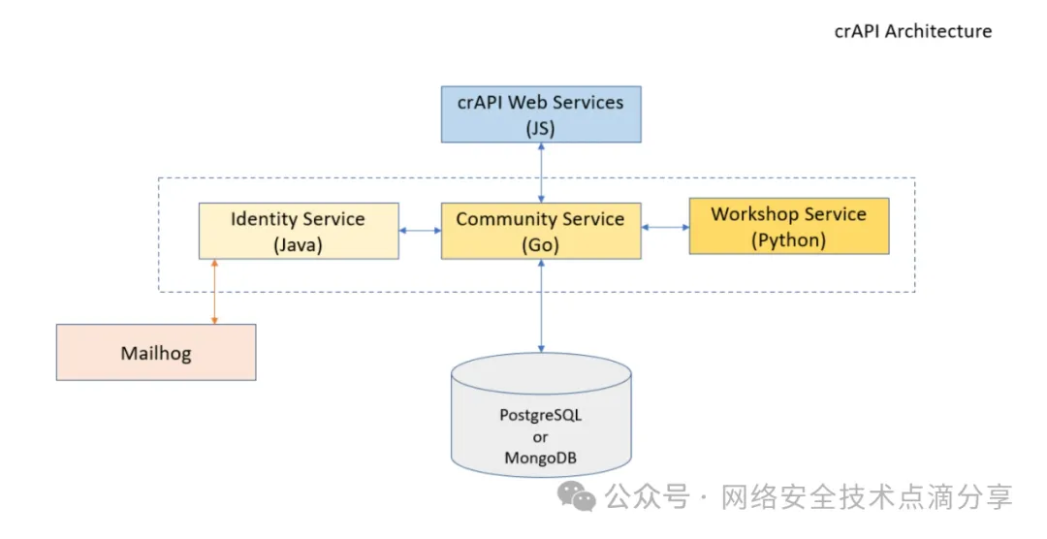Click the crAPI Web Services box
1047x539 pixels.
click(541, 114)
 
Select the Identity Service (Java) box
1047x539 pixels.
click(299, 231)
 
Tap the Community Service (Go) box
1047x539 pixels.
click(541, 231)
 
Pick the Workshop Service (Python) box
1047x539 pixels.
click(788, 227)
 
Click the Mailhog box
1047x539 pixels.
click(156, 353)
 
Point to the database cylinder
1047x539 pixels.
click(541, 415)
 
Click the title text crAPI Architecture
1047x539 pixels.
click(913, 31)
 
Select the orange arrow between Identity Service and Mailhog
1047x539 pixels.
click(214, 292)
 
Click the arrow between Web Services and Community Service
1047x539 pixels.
click(541, 173)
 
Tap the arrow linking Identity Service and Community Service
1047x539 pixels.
click(420, 231)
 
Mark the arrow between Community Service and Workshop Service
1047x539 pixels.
click(665, 227)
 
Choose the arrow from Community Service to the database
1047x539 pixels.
click(541, 306)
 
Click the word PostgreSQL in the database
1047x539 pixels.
click(541, 416)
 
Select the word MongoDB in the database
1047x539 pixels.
click(541, 459)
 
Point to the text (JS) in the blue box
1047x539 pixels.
click(541, 128)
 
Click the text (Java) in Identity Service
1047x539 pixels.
click(299, 245)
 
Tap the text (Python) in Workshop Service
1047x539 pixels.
click(788, 240)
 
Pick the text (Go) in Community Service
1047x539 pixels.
click(541, 245)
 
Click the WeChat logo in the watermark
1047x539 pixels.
click(576, 496)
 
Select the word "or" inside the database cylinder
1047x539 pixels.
click(541, 437)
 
